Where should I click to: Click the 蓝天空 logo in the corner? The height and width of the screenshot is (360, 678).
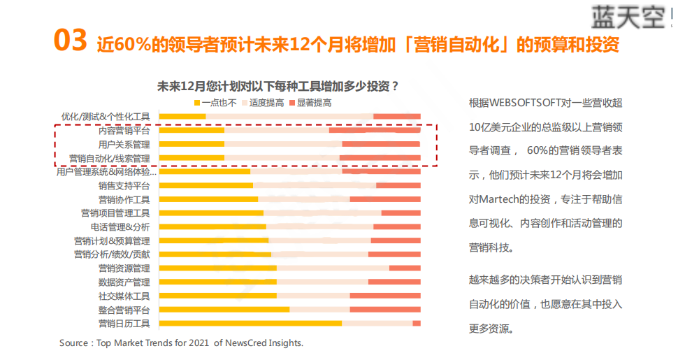point(626,16)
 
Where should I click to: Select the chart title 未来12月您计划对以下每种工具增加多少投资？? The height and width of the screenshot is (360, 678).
point(278,87)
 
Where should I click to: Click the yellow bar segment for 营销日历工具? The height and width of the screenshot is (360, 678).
point(250,323)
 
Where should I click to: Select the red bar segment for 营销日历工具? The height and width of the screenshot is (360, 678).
point(417,323)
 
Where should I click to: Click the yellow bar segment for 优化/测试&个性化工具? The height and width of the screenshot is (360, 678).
point(182,116)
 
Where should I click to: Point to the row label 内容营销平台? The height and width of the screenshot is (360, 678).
point(124,130)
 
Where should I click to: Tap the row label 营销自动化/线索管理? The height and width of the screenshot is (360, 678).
point(109,158)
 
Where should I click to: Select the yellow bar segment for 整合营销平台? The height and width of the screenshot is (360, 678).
point(224,309)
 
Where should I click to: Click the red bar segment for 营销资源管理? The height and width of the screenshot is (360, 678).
point(405,268)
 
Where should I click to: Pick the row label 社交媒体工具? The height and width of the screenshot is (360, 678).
point(124,296)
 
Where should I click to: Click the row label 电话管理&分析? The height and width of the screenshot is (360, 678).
point(120,226)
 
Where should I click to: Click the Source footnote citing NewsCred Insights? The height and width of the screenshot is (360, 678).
point(182,343)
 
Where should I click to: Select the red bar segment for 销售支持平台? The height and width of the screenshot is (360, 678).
point(398,185)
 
